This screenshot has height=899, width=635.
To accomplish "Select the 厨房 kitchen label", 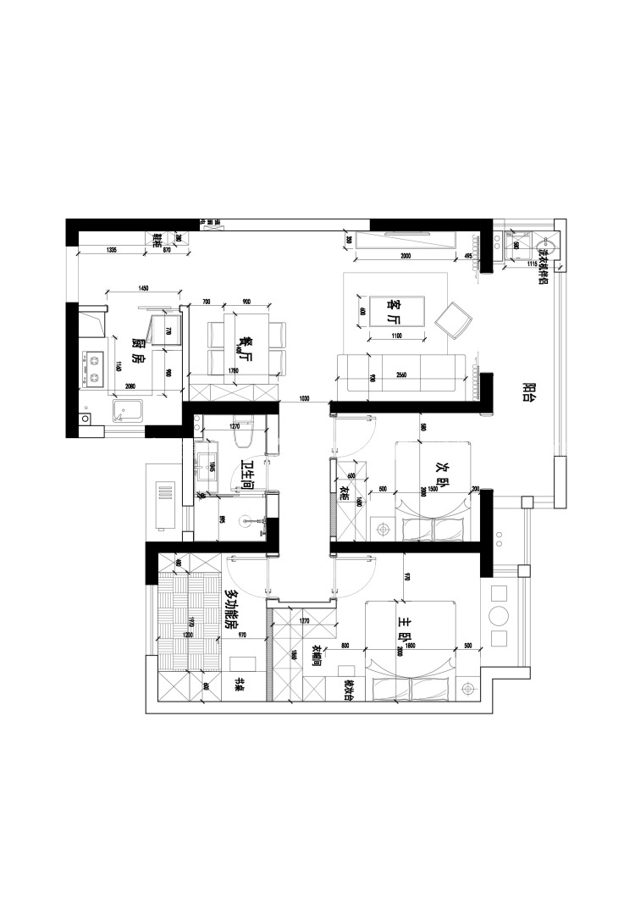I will click(139, 352).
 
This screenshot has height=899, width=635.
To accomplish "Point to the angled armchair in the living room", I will click(453, 319).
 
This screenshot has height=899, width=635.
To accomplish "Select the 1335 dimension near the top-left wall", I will click(112, 250).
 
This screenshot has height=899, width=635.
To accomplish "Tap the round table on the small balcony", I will click(500, 614).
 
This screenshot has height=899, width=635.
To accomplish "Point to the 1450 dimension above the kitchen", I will click(143, 290).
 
